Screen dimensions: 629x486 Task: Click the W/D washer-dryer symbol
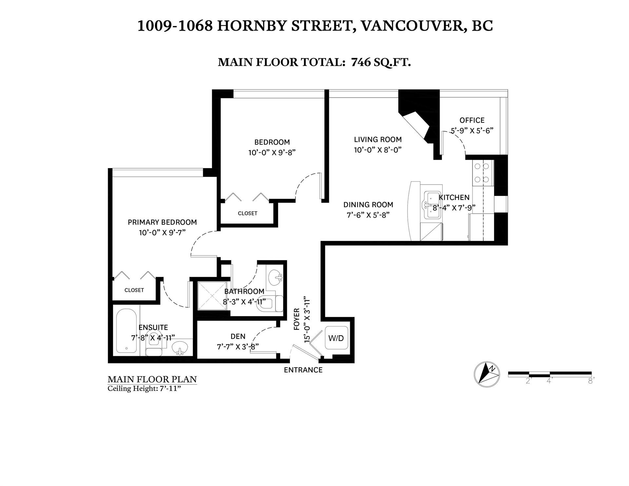(x=336, y=338)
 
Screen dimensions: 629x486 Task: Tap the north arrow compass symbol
(x=487, y=375)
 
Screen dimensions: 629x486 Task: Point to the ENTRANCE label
(x=303, y=370)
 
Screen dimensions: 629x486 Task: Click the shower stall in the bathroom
(x=212, y=296)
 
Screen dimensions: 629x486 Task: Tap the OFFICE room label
(x=472, y=120)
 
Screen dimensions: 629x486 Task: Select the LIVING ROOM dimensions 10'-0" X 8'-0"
(x=378, y=150)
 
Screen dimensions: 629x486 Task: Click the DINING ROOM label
(x=368, y=205)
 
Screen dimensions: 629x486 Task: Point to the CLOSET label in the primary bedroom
(x=134, y=290)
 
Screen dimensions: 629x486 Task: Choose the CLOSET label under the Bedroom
(x=248, y=213)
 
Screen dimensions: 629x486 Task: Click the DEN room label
(x=238, y=336)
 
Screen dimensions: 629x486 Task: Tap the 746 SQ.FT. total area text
(x=381, y=62)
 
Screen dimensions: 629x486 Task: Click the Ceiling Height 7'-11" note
(x=144, y=389)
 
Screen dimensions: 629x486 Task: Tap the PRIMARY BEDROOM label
(x=162, y=222)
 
